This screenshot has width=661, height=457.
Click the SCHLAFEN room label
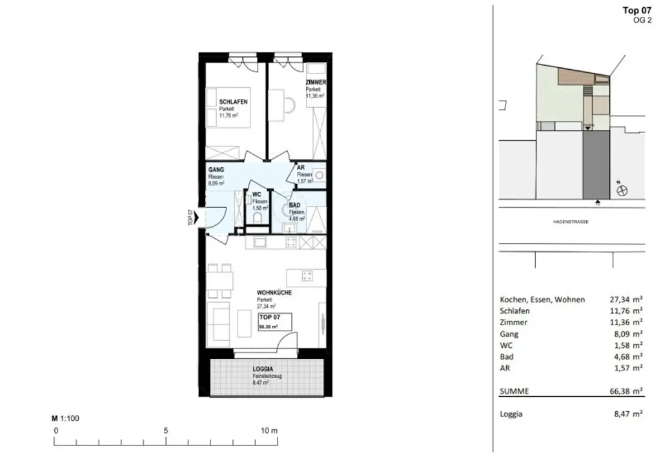(233, 102)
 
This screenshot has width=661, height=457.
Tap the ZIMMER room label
(316, 83)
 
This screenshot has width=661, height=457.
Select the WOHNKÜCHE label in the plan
(274, 292)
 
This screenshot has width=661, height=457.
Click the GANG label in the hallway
(216, 170)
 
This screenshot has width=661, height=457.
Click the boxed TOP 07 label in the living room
(269, 318)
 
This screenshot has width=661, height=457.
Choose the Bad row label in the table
(507, 356)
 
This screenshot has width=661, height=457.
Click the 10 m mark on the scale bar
(269, 430)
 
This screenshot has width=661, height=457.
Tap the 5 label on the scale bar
(167, 430)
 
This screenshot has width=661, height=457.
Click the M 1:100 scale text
(65, 418)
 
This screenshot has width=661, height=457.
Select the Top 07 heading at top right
(636, 10)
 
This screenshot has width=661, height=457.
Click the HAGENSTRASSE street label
(570, 221)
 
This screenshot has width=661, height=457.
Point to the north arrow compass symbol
(624, 190)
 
